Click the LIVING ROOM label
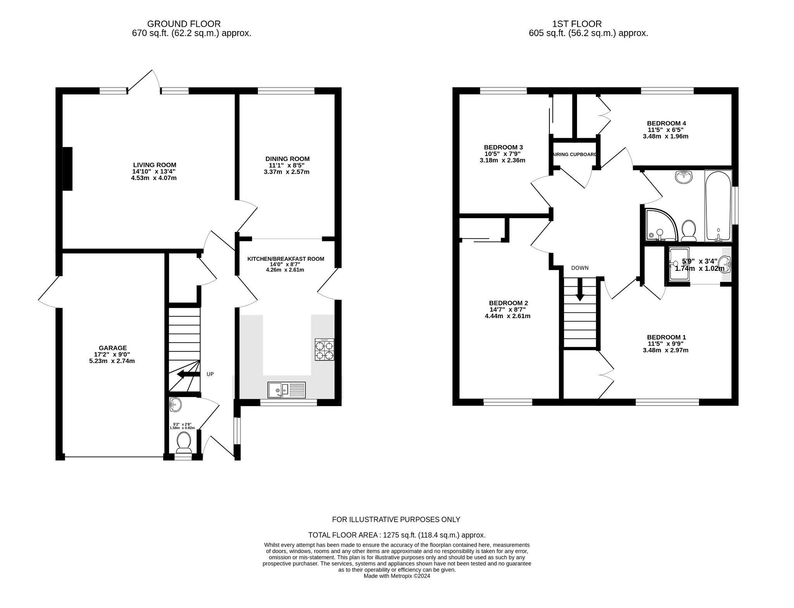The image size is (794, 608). tap(154, 165)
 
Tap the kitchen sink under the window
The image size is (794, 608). tap(286, 390)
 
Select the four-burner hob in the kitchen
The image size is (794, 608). tap(324, 350)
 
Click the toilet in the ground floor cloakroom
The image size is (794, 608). tap(183, 442)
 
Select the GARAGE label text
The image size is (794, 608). tap(112, 348)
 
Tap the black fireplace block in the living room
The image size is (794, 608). tap(67, 169)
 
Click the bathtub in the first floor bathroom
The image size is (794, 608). tap(718, 206)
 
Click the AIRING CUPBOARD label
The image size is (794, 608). tap(575, 154)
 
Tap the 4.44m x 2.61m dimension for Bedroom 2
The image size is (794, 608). tap(507, 316)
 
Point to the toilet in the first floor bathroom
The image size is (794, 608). tap(689, 230)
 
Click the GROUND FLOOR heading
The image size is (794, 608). tap(184, 24)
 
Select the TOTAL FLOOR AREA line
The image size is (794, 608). tap(397, 535)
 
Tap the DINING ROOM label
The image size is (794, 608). tap(287, 159)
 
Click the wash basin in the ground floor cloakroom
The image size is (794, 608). tap(175, 405)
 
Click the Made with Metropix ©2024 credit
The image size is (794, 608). tap(397, 576)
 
